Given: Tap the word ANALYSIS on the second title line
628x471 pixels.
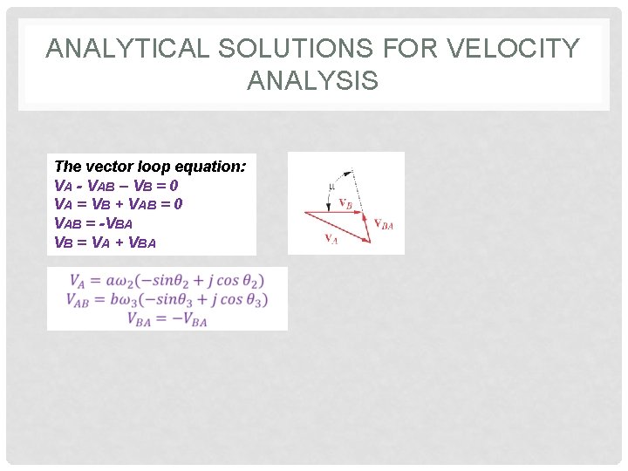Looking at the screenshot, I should [312, 81].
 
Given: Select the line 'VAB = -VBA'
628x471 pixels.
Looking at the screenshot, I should [93, 223].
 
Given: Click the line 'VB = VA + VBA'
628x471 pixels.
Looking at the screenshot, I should [105, 242].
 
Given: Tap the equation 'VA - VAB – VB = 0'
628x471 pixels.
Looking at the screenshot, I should [116, 185].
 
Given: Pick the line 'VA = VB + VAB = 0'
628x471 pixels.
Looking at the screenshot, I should [118, 204].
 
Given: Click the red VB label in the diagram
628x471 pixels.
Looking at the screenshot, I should [345, 204].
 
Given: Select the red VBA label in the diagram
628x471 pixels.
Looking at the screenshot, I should [384, 224].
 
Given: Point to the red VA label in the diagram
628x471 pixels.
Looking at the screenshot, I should [331, 239].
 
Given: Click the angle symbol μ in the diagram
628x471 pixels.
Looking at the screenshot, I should [331, 185].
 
